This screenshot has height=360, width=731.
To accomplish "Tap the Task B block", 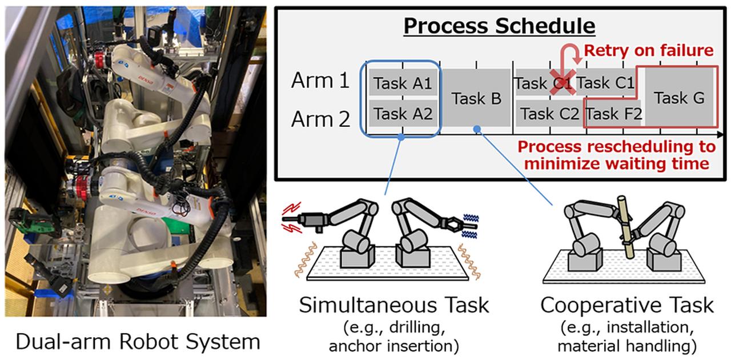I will (476, 98).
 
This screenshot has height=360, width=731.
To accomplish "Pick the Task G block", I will (679, 98).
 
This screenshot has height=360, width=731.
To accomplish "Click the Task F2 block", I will (614, 114).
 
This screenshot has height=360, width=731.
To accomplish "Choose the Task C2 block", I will (549, 114).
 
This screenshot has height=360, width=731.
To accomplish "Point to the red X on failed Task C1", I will (561, 83).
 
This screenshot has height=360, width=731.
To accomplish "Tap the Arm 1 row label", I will (320, 81).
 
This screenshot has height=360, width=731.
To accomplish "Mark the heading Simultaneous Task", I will (394, 305).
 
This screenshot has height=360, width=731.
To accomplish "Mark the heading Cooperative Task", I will (627, 305).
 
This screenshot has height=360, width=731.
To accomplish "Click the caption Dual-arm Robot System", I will (138, 342).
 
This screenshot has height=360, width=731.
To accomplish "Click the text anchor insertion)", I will (394, 346).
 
